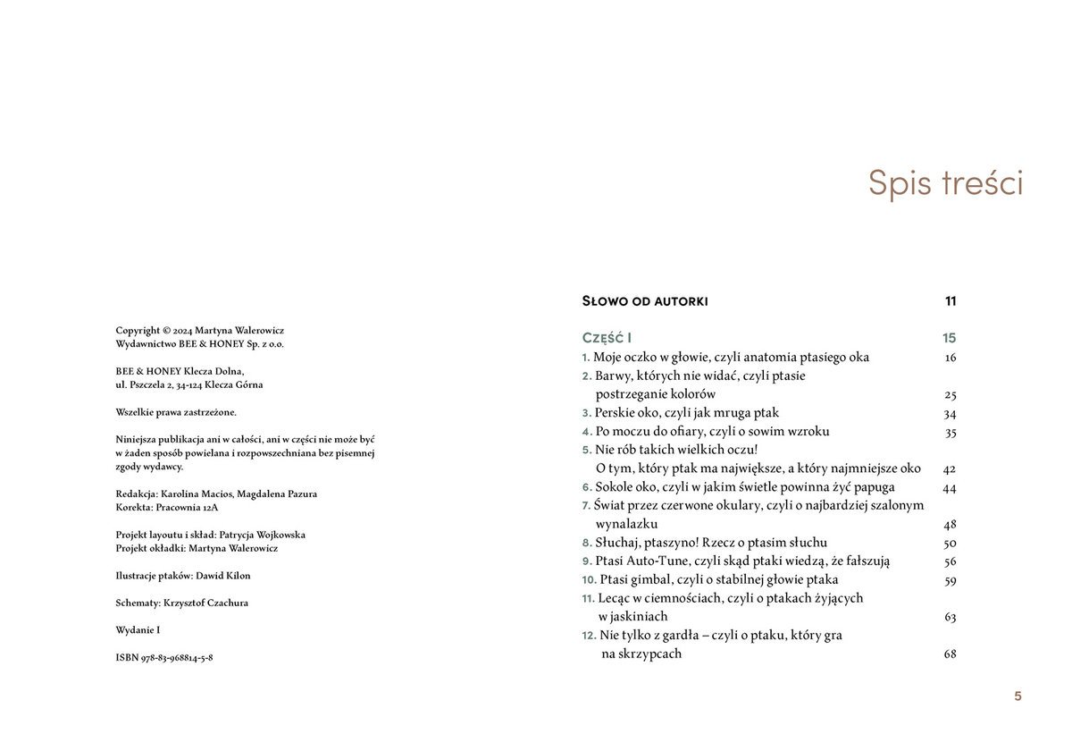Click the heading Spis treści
945,183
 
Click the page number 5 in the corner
1018,696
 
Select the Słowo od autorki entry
644,301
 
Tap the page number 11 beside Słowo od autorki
951,301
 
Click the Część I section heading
607,338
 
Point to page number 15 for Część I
949,338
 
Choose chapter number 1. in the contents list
586,358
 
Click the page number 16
950,358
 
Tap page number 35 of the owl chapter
950,432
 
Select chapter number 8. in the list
587,543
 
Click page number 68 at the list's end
950,654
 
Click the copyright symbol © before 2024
167,330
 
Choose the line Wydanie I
138,630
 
